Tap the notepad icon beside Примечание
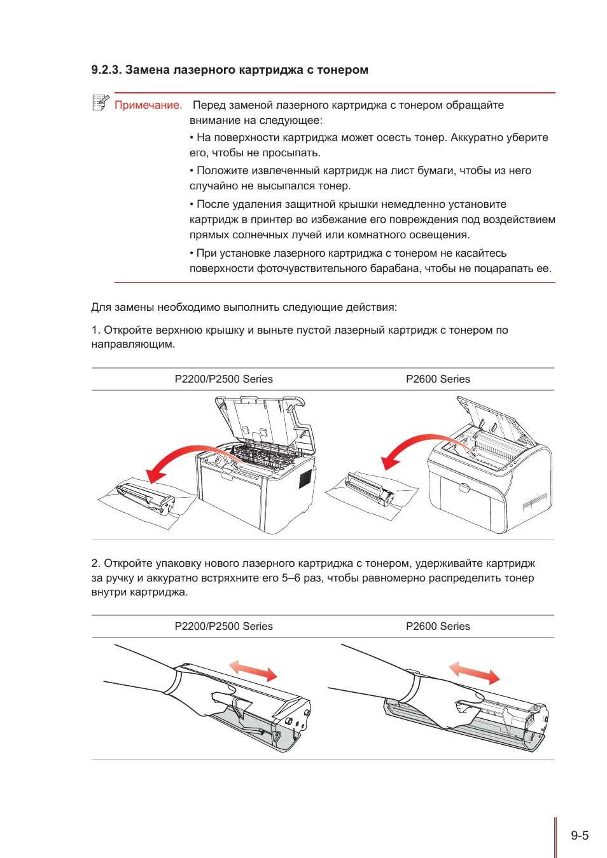[101, 102]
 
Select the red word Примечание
[148, 106]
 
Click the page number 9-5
[579, 836]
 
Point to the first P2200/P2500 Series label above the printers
[223, 379]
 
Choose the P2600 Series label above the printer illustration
[438, 379]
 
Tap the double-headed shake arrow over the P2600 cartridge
[474, 672]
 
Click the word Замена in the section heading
[147, 70]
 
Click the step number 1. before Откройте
[96, 330]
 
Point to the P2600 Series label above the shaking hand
[438, 626]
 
